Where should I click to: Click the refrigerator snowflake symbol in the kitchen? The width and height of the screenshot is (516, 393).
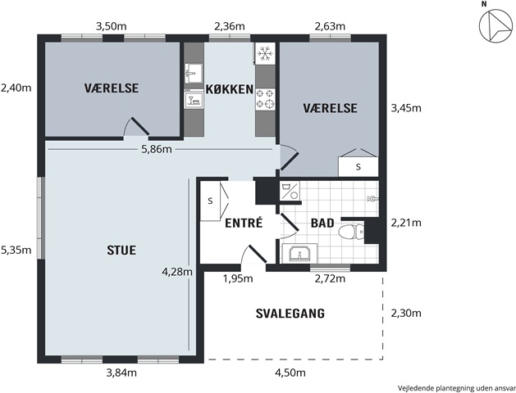(x=265, y=53)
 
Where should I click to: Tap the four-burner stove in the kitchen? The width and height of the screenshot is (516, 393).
(x=265, y=99)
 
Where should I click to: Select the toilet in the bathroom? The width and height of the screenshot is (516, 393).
(x=351, y=232)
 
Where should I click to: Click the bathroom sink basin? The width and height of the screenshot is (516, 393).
(x=299, y=254)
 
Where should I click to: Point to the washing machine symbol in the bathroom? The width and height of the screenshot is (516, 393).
(x=290, y=191)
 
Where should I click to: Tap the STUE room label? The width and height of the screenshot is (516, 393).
(x=121, y=251)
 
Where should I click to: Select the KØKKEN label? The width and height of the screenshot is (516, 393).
(x=230, y=89)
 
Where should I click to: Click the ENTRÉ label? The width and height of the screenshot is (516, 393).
(x=244, y=223)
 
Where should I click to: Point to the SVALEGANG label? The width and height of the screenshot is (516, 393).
(x=290, y=314)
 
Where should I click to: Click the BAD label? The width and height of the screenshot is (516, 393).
(x=322, y=224)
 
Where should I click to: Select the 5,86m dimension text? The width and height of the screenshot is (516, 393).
(x=157, y=149)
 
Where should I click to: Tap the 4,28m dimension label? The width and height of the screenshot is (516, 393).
(x=177, y=272)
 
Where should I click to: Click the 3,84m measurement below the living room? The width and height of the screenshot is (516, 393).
(x=121, y=373)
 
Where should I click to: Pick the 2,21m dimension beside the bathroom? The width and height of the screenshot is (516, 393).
(x=406, y=223)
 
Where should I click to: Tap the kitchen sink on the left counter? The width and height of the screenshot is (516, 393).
(x=193, y=73)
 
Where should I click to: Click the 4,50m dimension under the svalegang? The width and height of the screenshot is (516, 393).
(x=290, y=373)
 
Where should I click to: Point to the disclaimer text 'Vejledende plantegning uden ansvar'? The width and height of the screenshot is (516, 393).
(x=456, y=388)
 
